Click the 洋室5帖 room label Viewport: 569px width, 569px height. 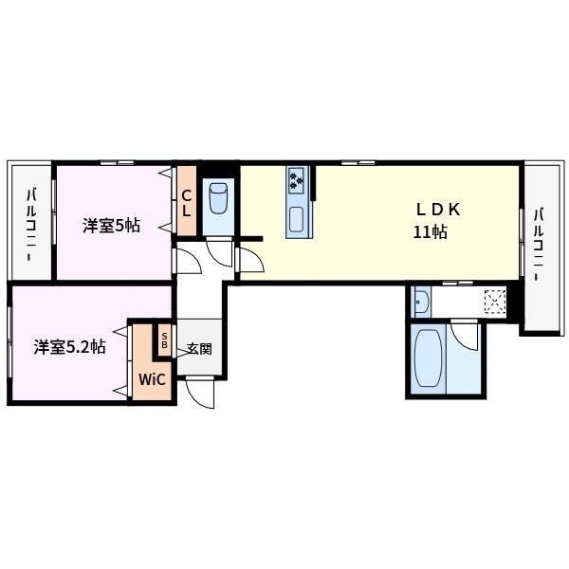(111, 226)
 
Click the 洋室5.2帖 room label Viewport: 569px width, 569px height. (69, 347)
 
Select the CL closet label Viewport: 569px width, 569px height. (186, 204)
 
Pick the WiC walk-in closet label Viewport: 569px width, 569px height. (152, 379)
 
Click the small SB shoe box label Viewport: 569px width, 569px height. (165, 340)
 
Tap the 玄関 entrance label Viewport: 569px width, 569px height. (198, 348)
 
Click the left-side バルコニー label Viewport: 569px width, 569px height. (31, 224)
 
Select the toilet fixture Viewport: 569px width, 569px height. (218, 198)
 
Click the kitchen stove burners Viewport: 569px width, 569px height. (297, 178)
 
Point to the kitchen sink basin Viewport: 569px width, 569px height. (297, 221)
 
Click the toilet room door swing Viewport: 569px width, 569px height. (219, 253)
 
